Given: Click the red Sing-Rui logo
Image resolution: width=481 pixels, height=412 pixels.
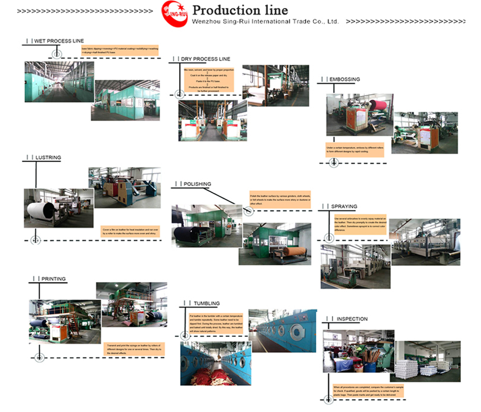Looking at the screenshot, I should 174,14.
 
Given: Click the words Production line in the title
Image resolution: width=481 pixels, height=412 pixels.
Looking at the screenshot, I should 240,10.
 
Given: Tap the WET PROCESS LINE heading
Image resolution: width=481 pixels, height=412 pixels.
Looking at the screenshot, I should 59,41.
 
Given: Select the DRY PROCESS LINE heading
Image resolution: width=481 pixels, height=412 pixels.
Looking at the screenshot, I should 206,59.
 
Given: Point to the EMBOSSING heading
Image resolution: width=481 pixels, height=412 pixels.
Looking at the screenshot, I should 344,79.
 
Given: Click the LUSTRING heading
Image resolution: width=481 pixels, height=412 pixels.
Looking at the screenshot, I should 48,157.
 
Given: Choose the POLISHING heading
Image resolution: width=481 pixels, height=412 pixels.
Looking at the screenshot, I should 197,184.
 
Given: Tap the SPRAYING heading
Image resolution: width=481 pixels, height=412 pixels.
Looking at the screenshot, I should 344,206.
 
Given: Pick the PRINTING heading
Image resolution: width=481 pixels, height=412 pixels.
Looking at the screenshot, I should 53,279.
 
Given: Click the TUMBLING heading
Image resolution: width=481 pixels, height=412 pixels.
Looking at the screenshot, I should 207,303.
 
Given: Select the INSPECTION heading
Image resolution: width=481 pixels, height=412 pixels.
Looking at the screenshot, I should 352,319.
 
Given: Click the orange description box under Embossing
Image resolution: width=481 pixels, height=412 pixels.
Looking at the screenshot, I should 355,150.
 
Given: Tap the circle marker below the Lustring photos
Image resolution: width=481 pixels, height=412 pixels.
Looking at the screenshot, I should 36,240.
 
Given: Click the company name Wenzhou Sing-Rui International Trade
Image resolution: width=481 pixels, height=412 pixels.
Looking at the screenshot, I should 265,21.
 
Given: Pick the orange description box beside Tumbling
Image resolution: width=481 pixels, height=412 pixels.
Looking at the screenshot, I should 216,324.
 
